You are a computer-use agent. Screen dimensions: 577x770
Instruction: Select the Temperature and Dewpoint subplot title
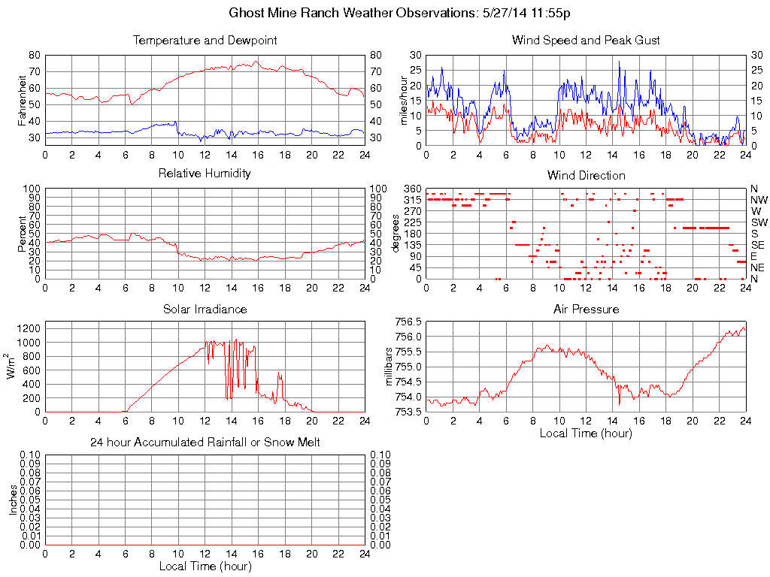205,41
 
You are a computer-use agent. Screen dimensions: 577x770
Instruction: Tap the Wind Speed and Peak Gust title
586,41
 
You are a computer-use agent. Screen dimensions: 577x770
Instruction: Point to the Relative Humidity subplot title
205,174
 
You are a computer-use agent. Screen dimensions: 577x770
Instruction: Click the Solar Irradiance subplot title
205,310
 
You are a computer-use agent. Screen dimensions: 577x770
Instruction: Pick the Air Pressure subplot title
586,310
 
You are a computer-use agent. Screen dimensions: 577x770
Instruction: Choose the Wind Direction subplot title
586,176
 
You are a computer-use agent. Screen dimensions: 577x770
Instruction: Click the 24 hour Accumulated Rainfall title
205,443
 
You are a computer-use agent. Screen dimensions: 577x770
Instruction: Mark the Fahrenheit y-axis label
22,100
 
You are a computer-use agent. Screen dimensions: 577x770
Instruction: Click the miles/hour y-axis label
403,100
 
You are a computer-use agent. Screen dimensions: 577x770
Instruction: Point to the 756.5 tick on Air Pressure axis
408,322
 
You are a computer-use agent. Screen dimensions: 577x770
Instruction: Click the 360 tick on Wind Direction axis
412,189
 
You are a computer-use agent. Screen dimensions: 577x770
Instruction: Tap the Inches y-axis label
13,500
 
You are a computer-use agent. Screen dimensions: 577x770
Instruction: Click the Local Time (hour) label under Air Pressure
586,433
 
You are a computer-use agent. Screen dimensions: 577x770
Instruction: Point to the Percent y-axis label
22,233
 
